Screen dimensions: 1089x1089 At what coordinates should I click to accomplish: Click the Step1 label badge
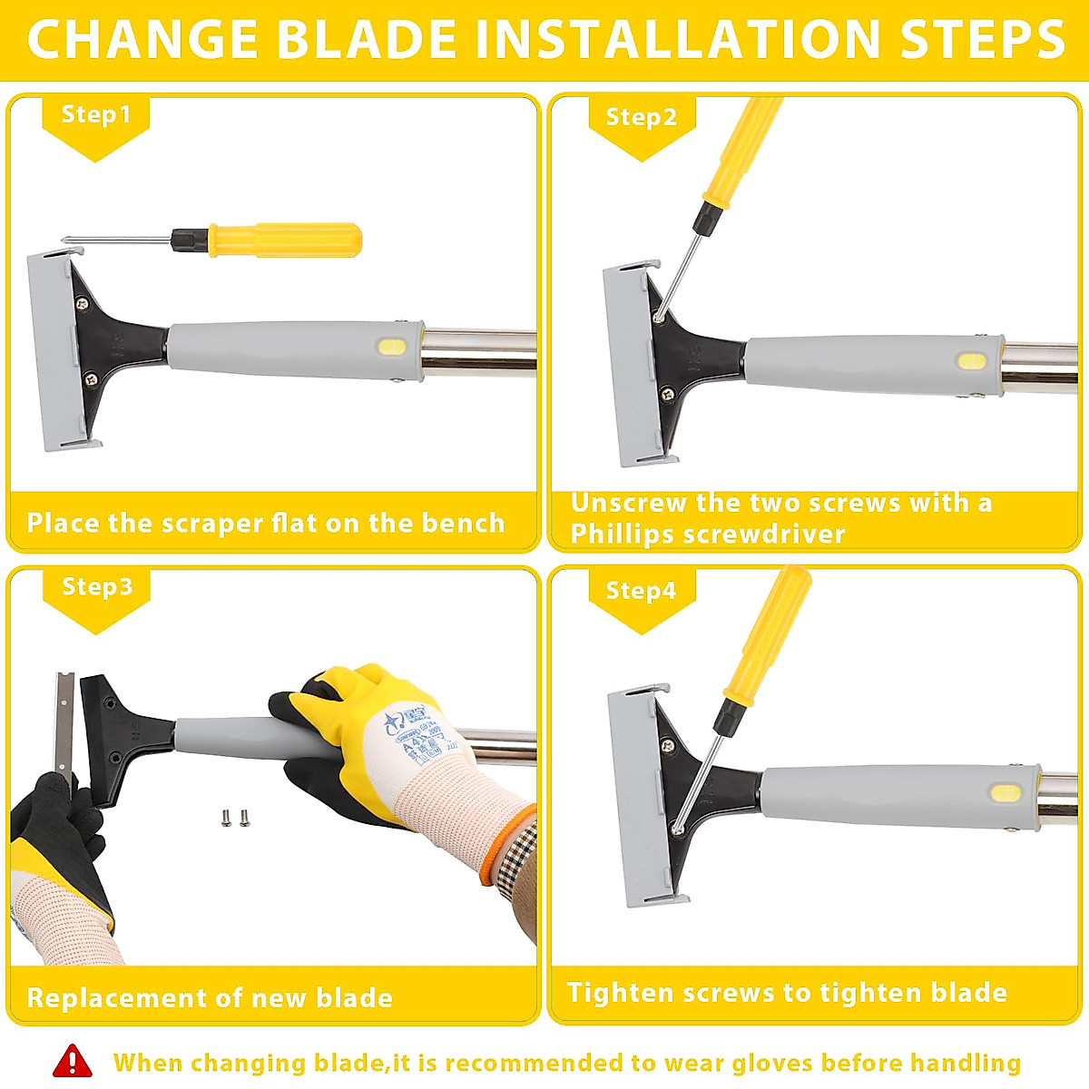click(x=95, y=115)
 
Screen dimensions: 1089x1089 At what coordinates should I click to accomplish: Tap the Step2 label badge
click(x=641, y=118)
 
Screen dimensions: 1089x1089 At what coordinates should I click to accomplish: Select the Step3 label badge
click(x=96, y=587)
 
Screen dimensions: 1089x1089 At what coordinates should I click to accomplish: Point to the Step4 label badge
click(x=641, y=591)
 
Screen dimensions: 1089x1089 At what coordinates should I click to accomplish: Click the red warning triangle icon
click(x=73, y=1061)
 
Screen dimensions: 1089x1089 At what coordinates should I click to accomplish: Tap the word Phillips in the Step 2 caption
click(x=622, y=534)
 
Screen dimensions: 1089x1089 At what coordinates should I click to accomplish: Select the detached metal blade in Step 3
click(x=64, y=721)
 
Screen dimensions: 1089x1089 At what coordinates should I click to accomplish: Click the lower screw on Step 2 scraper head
click(x=668, y=393)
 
